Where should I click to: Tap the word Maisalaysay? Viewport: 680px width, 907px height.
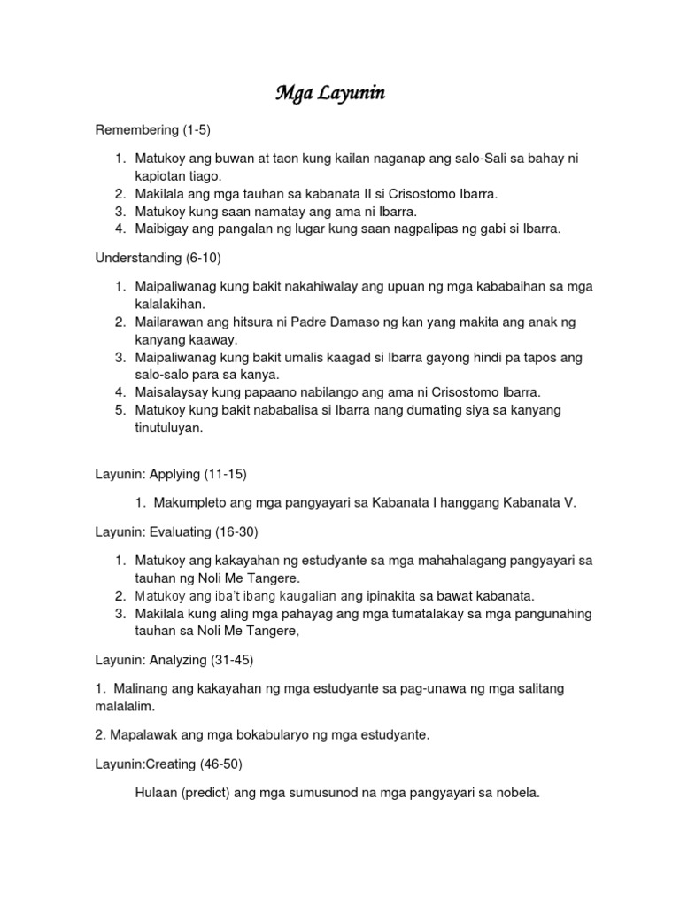click(174, 391)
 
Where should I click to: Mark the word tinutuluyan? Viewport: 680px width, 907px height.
click(169, 428)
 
